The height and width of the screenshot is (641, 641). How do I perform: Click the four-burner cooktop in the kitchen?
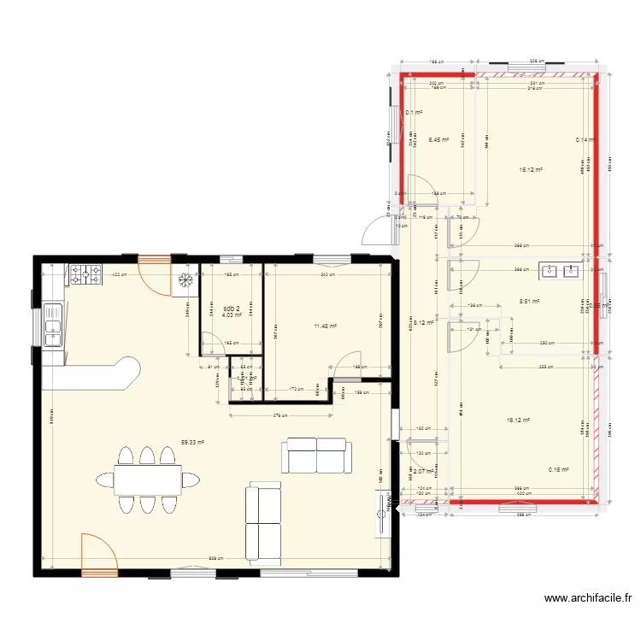click(85, 274)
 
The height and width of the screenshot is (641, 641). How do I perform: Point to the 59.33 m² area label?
click(193, 443)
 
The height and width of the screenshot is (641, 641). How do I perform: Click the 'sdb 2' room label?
click(232, 309)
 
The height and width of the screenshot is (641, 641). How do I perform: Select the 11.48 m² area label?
click(325, 326)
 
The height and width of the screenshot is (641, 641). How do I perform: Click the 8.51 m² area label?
click(531, 301)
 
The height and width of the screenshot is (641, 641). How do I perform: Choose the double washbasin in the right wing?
click(560, 272)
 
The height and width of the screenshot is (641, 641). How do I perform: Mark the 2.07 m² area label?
click(424, 470)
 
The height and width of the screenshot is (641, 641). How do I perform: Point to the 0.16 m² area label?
click(558, 469)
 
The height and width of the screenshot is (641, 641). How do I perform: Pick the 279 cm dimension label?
click(281, 416)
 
